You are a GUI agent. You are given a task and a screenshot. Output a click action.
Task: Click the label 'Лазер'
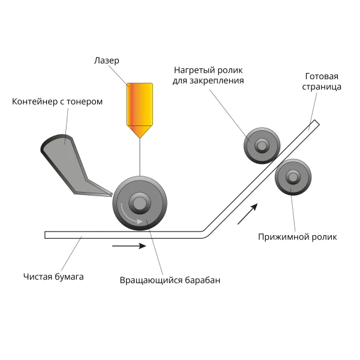tap(107, 61)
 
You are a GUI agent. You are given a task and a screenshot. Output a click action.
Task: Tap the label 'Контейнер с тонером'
tap(57, 101)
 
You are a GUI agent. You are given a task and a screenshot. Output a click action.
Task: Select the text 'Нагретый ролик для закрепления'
tap(208, 76)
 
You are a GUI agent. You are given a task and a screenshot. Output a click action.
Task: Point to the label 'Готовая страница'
tap(322, 82)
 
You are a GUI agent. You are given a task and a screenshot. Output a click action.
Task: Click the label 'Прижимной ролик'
tap(298, 237)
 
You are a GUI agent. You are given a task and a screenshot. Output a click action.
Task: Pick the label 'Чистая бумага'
tap(53, 277)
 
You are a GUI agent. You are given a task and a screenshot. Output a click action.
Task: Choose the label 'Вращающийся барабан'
tap(170, 280)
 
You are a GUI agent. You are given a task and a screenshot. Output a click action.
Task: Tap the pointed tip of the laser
tap(140, 138)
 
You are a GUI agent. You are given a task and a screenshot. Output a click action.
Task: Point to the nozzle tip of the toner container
tap(112, 195)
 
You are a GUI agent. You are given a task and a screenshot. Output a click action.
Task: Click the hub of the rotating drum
tap(140, 203)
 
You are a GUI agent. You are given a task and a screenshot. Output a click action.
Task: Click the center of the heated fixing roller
tap(262, 146)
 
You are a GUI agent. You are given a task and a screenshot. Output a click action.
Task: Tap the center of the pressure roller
tap(293, 177)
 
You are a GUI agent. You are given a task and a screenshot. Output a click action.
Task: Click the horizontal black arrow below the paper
tap(129, 246)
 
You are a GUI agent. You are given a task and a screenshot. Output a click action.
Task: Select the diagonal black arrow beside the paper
tap(247, 214)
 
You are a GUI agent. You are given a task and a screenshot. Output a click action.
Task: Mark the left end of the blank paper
tap(45, 235)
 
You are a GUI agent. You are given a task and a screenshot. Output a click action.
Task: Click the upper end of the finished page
tap(317, 122)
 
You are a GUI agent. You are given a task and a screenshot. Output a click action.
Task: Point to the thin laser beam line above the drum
tap(140, 158)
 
